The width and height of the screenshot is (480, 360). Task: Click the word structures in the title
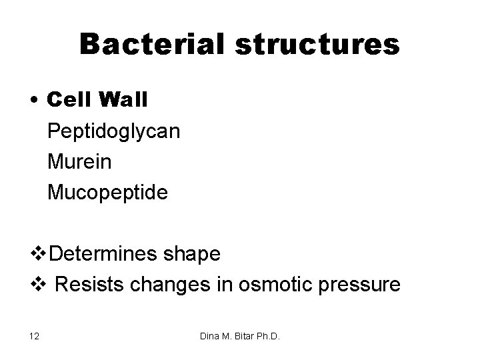(322, 44)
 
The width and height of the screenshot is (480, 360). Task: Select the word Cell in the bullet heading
(70, 100)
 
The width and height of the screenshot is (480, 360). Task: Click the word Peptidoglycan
(113, 131)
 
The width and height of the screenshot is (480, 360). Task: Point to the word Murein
(81, 162)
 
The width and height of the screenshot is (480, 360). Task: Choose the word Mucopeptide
(108, 193)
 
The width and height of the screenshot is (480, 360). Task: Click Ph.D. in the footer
(271, 336)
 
